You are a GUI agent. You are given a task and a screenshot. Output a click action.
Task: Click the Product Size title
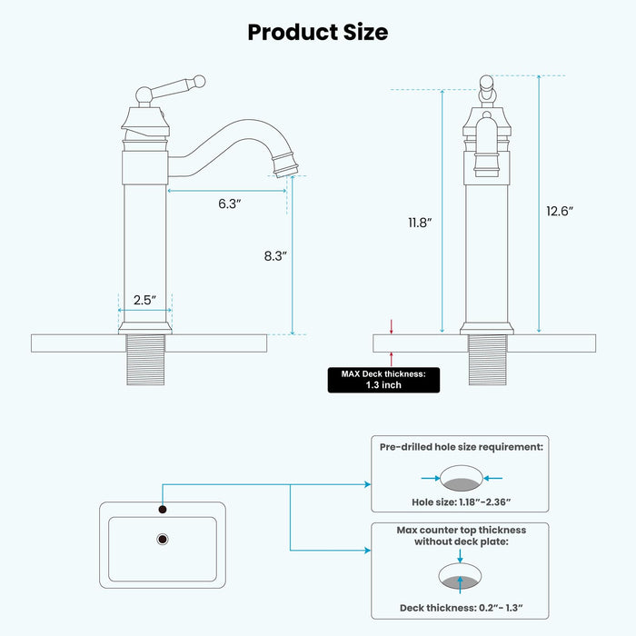(x=317, y=32)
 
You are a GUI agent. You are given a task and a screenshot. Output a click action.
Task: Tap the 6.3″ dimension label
(x=229, y=204)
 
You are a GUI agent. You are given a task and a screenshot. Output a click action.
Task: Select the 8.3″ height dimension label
(x=274, y=256)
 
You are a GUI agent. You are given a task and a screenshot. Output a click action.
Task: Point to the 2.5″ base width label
(x=144, y=299)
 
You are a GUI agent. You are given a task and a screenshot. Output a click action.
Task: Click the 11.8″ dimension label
(x=419, y=222)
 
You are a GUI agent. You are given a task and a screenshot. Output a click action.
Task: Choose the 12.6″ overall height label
(x=560, y=211)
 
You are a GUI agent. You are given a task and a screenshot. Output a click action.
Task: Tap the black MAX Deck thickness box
(x=383, y=379)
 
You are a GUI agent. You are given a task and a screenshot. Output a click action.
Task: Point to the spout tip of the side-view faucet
(x=289, y=168)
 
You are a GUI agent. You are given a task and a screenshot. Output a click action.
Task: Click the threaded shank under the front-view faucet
(x=487, y=360)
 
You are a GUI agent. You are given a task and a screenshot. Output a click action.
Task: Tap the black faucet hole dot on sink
(x=163, y=509)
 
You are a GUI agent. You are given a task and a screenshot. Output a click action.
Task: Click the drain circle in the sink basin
(x=163, y=540)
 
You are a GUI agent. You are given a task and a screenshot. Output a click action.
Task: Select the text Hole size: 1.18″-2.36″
(x=460, y=502)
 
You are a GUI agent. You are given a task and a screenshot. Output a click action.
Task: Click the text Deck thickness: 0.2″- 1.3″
(x=460, y=608)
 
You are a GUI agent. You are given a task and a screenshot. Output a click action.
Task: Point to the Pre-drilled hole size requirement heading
(x=461, y=447)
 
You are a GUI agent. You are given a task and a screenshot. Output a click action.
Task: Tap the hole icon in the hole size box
(x=461, y=478)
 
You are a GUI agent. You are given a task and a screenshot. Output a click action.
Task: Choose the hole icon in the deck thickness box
(x=461, y=578)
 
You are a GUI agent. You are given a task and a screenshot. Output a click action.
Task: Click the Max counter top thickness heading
(x=461, y=536)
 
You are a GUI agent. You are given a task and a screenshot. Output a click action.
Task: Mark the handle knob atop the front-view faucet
(x=487, y=87)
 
